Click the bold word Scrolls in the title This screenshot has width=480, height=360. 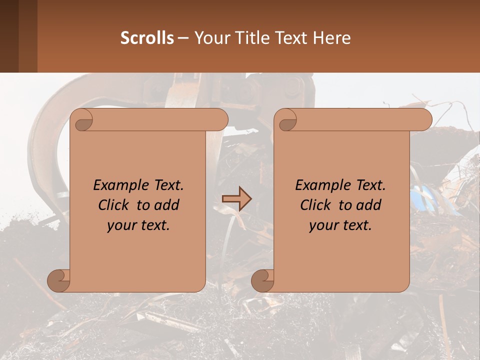[147, 38]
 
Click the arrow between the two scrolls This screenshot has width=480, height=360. [236, 199]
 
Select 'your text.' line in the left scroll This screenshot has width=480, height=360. [138, 225]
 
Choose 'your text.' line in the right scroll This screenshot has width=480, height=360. [340, 225]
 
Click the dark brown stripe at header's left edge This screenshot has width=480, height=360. [9, 36]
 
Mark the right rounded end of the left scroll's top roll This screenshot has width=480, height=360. [220, 119]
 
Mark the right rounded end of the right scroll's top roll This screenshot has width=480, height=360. [424, 119]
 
